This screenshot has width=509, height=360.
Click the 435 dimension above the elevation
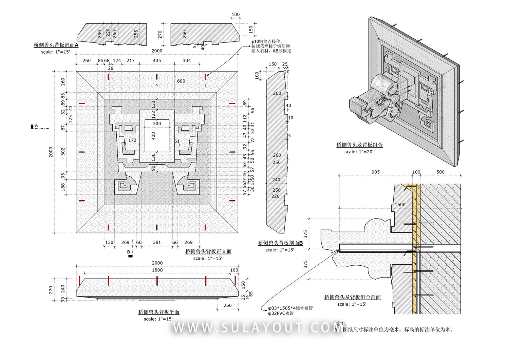pos(157,61)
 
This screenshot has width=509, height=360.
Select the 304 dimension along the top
pos(187,61)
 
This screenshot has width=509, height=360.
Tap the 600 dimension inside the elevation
pos(181,81)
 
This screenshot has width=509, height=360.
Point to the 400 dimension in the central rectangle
pos(153,136)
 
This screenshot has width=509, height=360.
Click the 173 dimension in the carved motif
pos(132,140)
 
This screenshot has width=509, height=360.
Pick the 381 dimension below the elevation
pos(157,242)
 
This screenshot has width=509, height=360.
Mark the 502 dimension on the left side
pos(63,151)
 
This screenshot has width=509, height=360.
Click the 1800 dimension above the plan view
pos(157,270)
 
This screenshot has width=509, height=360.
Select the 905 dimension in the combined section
pos(375,172)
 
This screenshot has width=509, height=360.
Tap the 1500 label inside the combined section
pos(400,205)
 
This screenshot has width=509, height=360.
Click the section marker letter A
pos(36,126)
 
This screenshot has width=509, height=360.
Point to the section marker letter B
pos(129,252)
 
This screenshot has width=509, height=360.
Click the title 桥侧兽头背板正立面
pos(208,251)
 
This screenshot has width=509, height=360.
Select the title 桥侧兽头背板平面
pos(159,312)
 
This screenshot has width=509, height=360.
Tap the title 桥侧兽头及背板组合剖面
pos(352,297)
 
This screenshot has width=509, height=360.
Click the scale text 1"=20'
pos(359,152)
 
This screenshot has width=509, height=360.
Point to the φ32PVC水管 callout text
pos(281,313)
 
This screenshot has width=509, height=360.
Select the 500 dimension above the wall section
pos(440,172)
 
